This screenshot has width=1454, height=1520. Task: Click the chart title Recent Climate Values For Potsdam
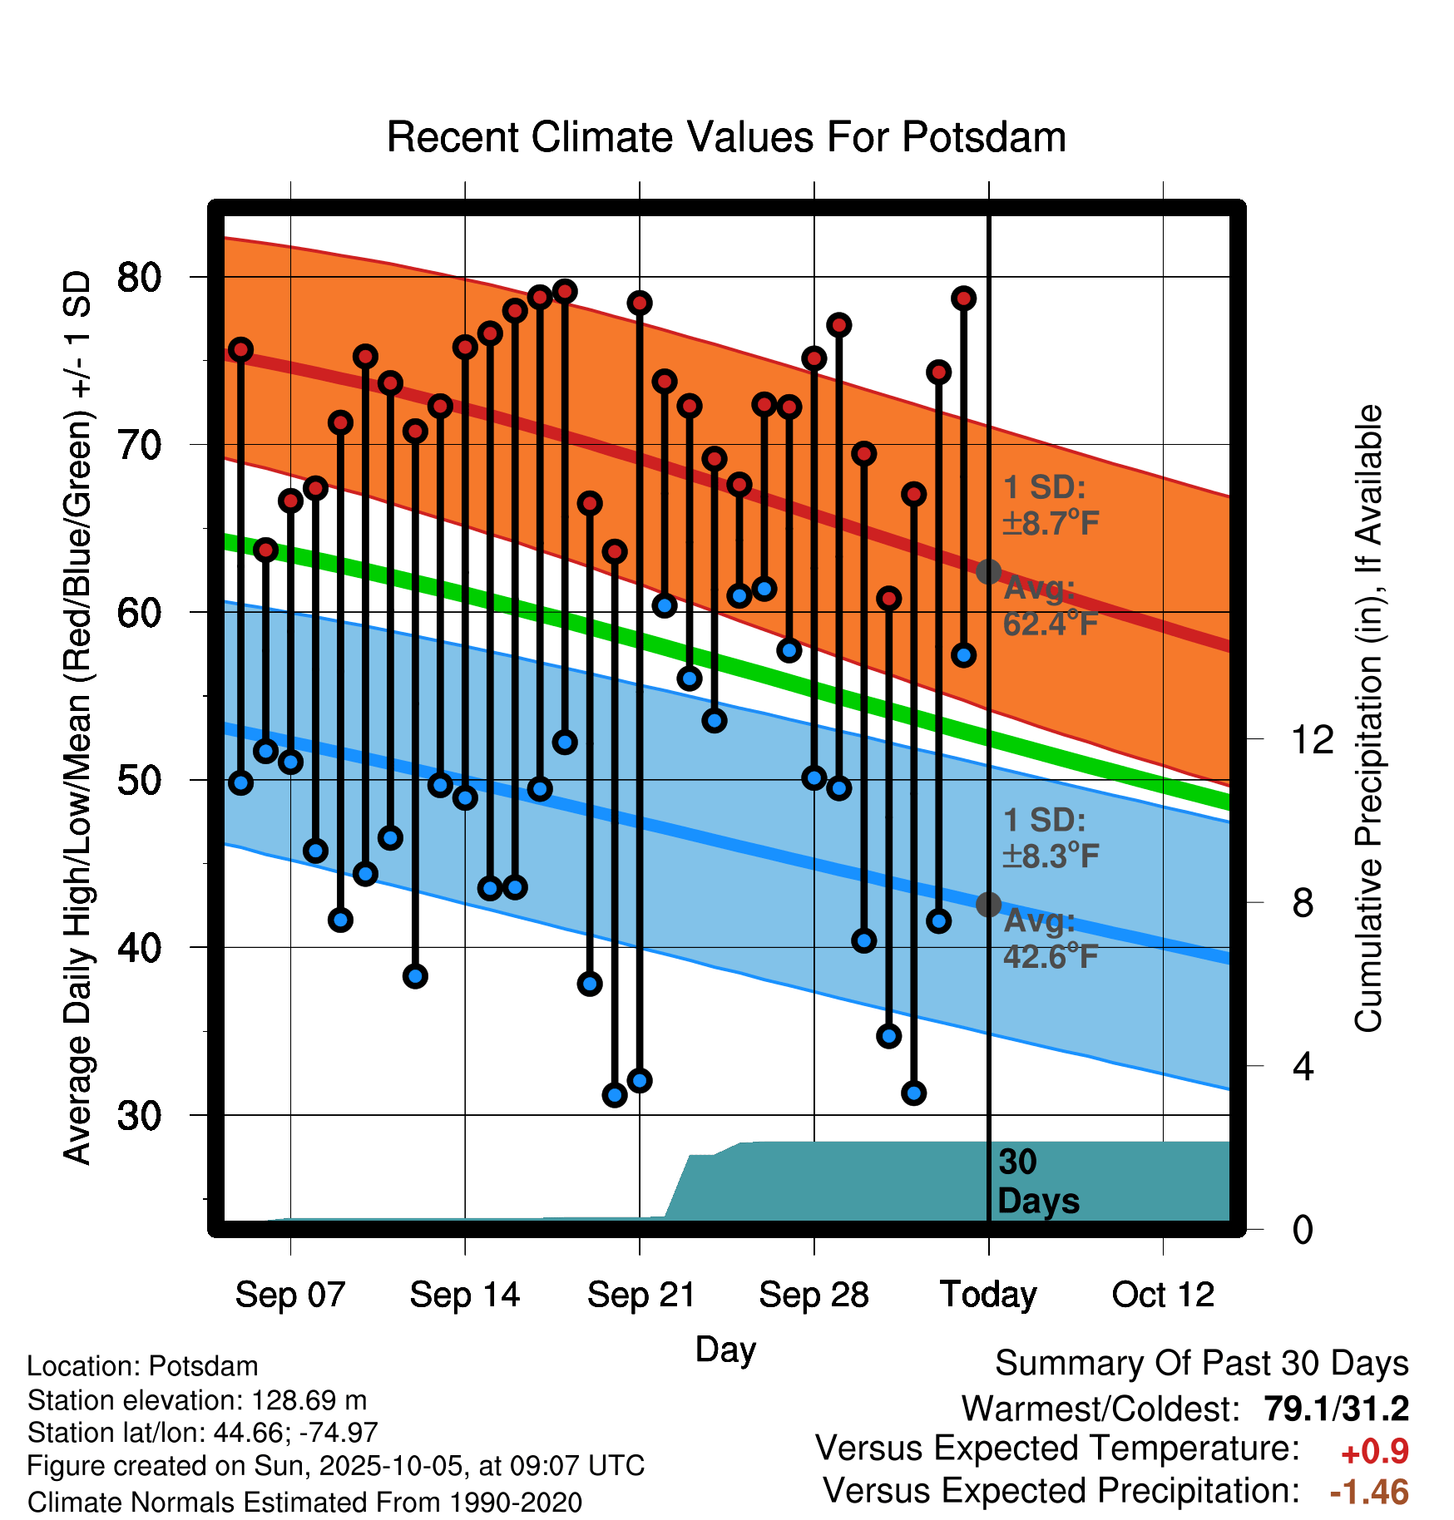coord(726,138)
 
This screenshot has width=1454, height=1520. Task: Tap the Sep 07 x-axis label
coord(289,1295)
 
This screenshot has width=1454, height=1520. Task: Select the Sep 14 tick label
coord(464,1295)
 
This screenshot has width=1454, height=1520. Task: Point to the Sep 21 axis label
coord(640,1295)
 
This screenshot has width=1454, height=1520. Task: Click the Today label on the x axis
coord(988,1295)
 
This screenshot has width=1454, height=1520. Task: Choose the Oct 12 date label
coord(1163,1295)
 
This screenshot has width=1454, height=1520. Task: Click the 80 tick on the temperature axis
coord(140,277)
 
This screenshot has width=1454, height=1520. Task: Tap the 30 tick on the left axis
coord(140,1115)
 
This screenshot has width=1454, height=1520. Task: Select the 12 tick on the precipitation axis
coord(1312,739)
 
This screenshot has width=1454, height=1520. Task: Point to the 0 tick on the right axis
coord(1303,1229)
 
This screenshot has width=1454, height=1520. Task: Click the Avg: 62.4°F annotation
coord(1051,606)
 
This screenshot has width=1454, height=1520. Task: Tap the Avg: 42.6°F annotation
coord(1051,940)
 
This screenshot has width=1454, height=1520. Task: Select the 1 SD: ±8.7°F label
coord(1051,506)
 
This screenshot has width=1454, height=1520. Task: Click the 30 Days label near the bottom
coord(1037,1182)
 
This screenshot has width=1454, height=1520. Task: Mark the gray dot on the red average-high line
coord(988,572)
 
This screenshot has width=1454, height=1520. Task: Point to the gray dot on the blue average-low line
coord(988,904)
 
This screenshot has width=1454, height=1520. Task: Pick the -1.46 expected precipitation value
coord(1369,1493)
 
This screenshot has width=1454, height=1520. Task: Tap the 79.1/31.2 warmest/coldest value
coord(1336,1409)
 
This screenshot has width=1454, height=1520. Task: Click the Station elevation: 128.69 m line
coord(197,1400)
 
